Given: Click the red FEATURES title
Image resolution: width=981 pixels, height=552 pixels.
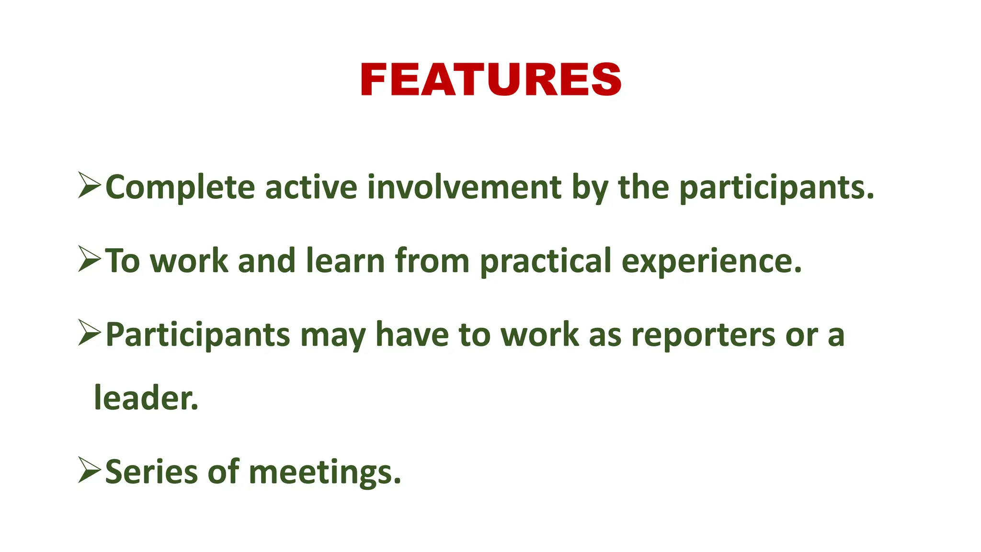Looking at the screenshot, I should click(x=490, y=80).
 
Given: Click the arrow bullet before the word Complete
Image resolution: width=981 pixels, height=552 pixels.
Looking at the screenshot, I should click(x=90, y=186).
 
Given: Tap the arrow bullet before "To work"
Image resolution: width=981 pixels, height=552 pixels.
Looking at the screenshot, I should click(x=90, y=260).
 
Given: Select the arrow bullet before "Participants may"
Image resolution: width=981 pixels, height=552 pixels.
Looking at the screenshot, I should click(x=90, y=333).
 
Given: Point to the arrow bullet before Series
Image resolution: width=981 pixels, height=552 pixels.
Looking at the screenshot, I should click(x=90, y=471).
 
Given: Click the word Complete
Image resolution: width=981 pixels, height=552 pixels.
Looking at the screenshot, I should click(x=180, y=187).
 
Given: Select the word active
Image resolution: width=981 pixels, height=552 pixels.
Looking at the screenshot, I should click(x=311, y=187).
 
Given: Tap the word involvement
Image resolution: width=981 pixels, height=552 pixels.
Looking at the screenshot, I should click(x=464, y=187).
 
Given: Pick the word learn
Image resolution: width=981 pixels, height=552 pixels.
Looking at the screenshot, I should click(x=345, y=261).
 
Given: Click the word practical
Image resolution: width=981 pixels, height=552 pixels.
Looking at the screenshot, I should click(x=546, y=262).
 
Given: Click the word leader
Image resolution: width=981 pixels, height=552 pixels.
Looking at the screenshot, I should click(x=146, y=398).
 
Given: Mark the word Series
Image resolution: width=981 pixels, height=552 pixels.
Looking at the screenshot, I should click(x=151, y=471).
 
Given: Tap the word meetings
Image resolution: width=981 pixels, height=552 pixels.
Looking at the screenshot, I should click(x=324, y=472).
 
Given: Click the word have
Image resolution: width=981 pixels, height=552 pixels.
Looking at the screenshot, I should click(x=412, y=334).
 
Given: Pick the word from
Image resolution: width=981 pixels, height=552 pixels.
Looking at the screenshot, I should click(x=432, y=261).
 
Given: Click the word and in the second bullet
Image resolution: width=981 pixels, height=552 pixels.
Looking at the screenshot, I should click(x=266, y=261).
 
